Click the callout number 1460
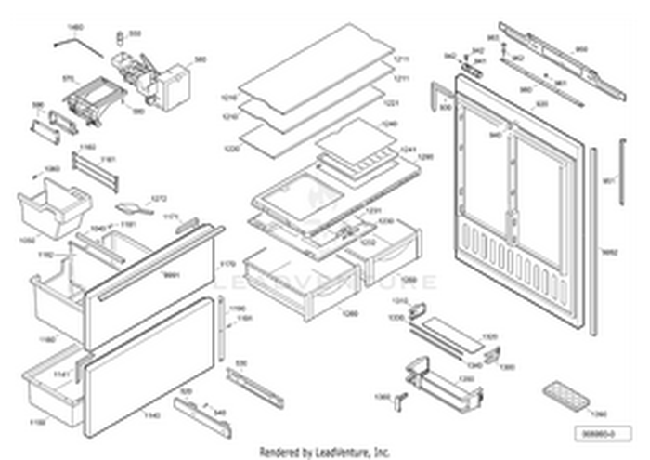pos(76,28)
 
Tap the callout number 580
pos(201,60)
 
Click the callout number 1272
pos(160,198)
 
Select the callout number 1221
pos(402,103)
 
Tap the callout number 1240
pos(415,123)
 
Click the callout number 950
pos(582,48)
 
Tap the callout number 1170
pos(227,265)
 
